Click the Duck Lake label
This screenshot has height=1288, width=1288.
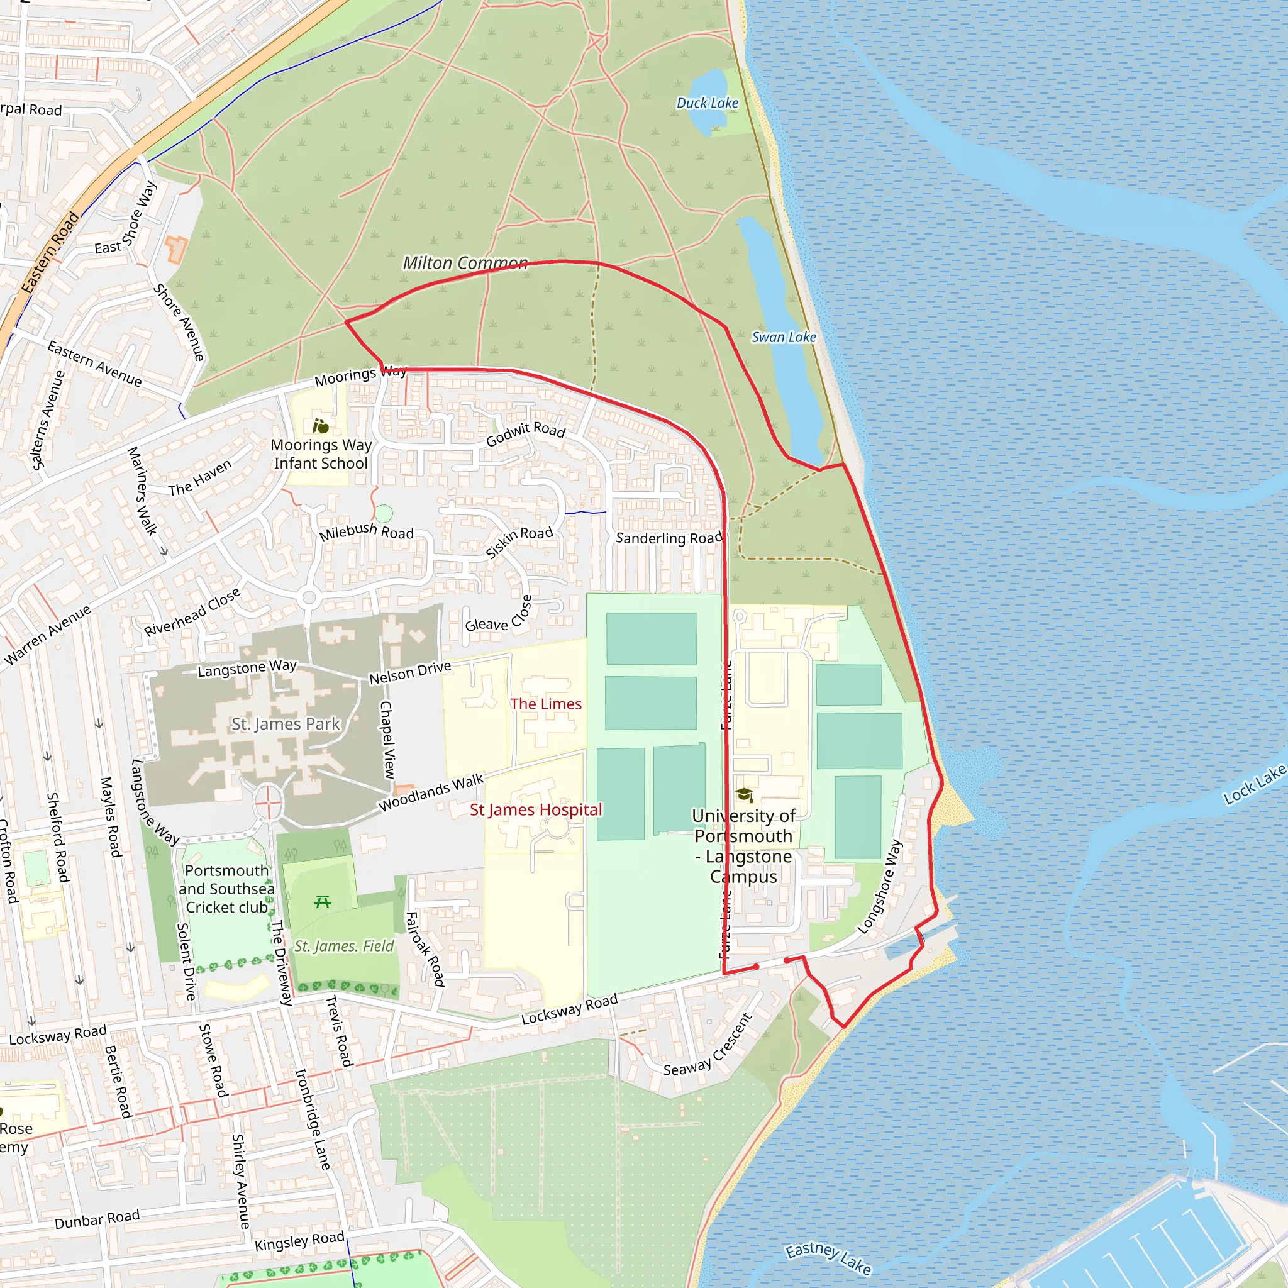click(708, 103)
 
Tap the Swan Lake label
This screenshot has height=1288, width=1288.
click(784, 337)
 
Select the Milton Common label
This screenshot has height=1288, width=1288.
click(465, 264)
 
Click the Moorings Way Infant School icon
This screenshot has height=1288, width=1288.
click(321, 425)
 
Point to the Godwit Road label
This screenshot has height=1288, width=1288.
click(525, 433)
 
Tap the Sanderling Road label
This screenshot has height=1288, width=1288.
click(669, 538)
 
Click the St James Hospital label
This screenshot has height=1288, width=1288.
click(535, 810)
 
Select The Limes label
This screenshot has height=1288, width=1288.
click(545, 704)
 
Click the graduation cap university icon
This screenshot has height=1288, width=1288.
click(744, 795)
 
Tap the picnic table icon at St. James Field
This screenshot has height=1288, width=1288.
click(323, 902)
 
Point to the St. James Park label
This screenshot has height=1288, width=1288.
click(286, 724)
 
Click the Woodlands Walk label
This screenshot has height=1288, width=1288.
click(431, 792)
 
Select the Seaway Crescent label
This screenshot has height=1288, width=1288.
click(708, 1045)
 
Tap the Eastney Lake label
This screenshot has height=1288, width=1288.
click(828, 1257)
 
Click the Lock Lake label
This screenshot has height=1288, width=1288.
click(1254, 785)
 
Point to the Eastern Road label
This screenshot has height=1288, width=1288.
click(50, 253)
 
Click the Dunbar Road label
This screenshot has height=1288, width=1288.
click(97, 1219)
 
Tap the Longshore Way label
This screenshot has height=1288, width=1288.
click(879, 887)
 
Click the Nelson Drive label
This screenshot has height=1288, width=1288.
click(410, 673)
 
